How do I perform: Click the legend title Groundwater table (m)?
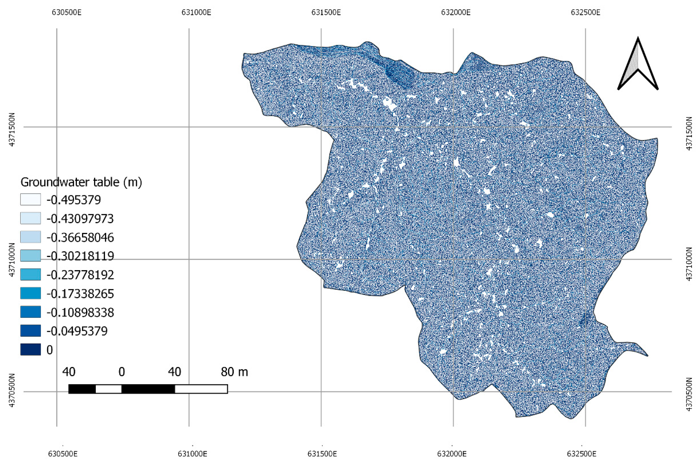coord(81,182)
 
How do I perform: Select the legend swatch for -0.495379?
coord(30,199)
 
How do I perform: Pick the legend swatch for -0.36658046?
coord(30,237)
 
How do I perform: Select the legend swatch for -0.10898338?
coord(30,312)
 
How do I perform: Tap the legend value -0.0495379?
coord(77,331)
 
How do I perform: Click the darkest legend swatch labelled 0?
coord(30,349)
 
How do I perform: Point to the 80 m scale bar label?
coord(234,372)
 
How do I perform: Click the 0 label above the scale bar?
coord(122,372)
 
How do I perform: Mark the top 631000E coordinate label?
coord(196,12)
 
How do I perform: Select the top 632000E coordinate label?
coord(456,12)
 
